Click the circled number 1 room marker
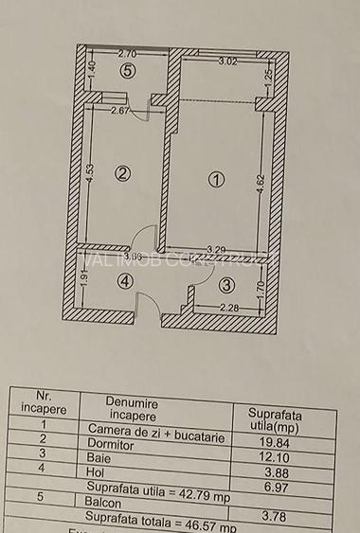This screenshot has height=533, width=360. pyautogui.click(x=216, y=178)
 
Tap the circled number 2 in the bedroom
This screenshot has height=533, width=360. pyautogui.click(x=121, y=172)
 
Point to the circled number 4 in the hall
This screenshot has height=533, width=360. pyautogui.click(x=125, y=280)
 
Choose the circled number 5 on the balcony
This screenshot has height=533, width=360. pyautogui.click(x=126, y=70)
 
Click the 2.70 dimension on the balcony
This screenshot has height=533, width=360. pyautogui.click(x=129, y=55)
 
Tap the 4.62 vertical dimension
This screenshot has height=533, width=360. pyautogui.click(x=260, y=178)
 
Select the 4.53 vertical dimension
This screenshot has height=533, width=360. pyautogui.click(x=88, y=174)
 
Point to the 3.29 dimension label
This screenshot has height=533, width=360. pyautogui.click(x=218, y=250)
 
